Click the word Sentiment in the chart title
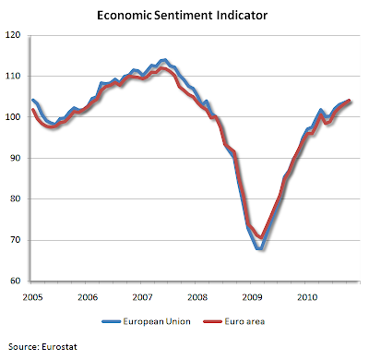[183, 16]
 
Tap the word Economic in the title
[125, 16]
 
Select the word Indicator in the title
[242, 16]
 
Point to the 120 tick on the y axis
[13, 35]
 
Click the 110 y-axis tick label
[13, 76]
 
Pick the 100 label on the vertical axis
[13, 117]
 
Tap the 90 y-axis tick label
[16, 158]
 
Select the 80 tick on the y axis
[16, 198]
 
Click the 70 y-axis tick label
[16, 240]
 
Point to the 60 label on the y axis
[16, 281]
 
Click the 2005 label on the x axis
[32, 297]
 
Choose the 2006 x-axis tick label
[88, 297]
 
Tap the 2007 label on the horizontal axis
[142, 297]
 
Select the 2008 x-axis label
[197, 297]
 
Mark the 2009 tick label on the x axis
[252, 297]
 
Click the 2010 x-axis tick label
[307, 297]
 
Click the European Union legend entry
[147, 321]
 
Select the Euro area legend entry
[234, 321]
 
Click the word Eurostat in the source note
[59, 347]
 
